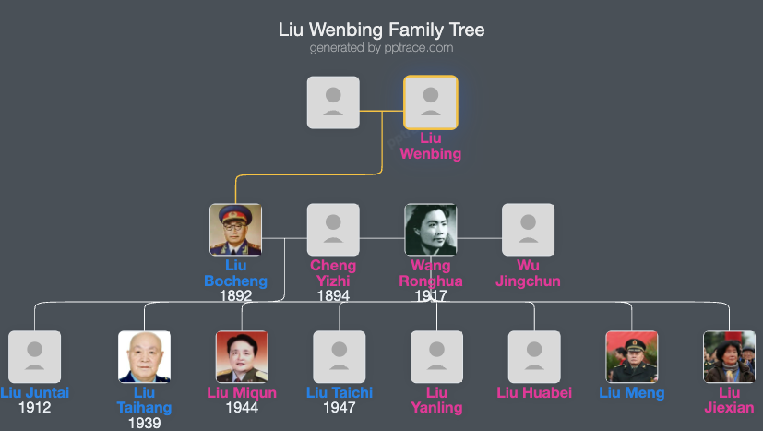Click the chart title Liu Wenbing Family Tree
(381, 30)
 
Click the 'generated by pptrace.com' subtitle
(381, 48)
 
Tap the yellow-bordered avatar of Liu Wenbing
(430, 102)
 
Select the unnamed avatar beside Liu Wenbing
(333, 102)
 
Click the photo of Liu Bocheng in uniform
(235, 229)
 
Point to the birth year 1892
(235, 296)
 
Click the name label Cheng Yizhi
(333, 273)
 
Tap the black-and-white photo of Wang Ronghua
(431, 229)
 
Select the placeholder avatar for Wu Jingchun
(528, 229)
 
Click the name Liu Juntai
(34, 393)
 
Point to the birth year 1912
(34, 407)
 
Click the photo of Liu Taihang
(144, 356)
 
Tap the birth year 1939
(144, 423)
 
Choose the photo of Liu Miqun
(242, 356)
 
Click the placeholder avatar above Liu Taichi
(340, 356)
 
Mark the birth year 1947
(340, 407)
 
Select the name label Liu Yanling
(436, 400)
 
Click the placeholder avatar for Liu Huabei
(534, 356)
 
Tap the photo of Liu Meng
(632, 356)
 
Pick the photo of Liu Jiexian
(729, 356)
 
